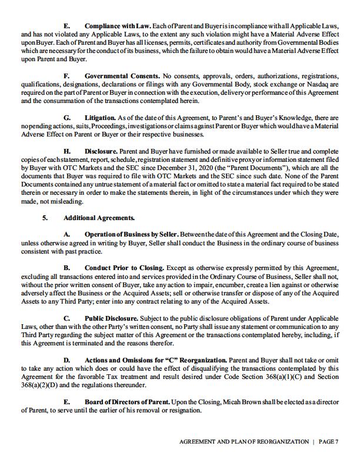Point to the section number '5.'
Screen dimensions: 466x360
click(x=45, y=218)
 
